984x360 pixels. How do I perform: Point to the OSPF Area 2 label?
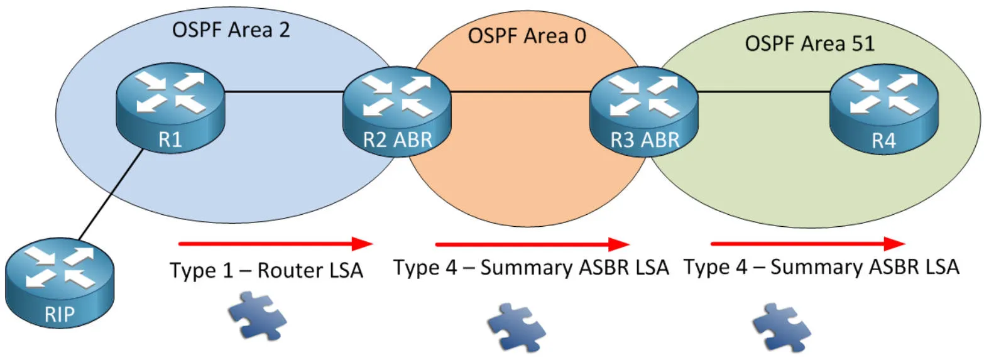[231, 30]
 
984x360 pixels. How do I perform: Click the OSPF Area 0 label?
[527, 36]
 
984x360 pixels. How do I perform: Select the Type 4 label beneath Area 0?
[531, 268]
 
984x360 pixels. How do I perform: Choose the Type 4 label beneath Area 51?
[821, 268]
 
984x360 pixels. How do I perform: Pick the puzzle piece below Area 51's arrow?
[782, 325]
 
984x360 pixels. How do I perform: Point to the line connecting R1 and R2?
[283, 93]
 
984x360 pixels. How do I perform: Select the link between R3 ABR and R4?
[763, 93]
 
